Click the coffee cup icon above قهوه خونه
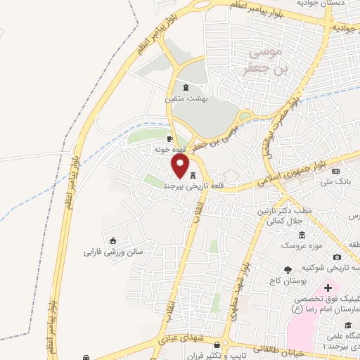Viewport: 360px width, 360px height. (169, 139)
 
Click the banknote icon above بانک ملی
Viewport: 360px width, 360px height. (335, 171)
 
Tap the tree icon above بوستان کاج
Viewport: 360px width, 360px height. (288, 270)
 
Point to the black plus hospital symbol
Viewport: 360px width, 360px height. (328, 288)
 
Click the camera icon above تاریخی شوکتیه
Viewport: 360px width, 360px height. (337, 257)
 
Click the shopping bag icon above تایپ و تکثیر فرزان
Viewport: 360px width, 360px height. (217, 345)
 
